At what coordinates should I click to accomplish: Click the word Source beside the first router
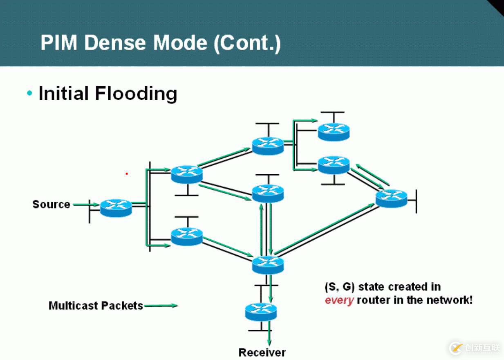51,204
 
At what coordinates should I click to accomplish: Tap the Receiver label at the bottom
262,352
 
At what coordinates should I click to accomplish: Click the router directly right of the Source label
116,208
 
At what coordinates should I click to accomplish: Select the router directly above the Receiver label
261,312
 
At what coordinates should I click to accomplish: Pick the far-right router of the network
391,198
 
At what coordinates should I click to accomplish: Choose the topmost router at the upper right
334,131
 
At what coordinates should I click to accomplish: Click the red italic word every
339,300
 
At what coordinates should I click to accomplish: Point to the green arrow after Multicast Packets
161,305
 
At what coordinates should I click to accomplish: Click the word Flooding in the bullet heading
136,93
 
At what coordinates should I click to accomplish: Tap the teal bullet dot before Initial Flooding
29,93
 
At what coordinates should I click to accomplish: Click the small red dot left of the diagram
127,173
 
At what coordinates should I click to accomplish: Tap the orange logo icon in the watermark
456,348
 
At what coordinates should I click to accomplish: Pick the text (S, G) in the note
339,287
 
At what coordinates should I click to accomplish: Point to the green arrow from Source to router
85,204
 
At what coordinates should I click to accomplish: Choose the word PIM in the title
59,43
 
